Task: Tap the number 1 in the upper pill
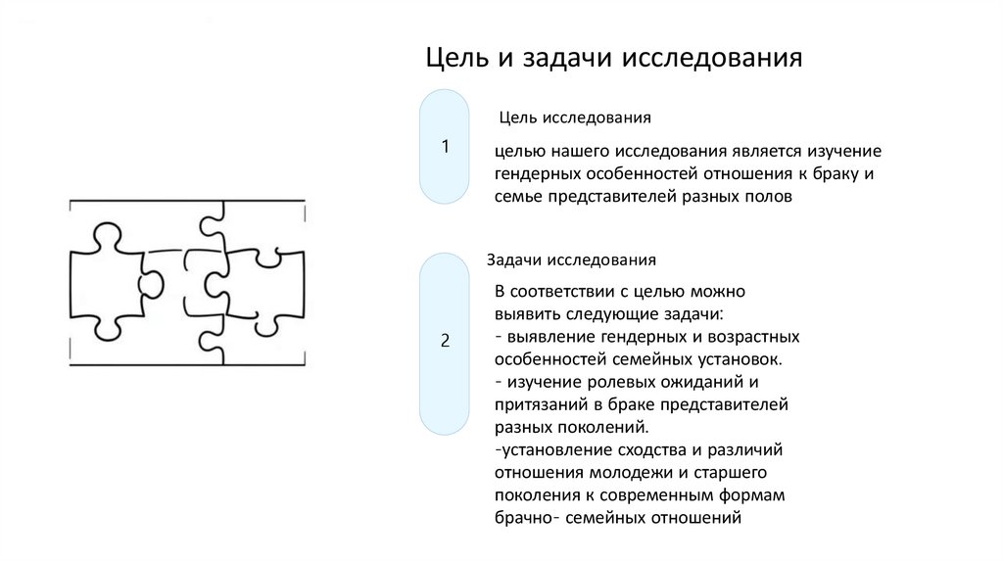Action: (446, 148)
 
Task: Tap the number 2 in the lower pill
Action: (446, 341)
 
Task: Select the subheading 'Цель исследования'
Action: (575, 117)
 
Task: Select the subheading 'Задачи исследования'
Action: (571, 260)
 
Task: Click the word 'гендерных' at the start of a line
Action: (537, 174)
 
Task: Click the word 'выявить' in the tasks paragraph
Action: (526, 314)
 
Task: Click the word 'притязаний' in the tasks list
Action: (538, 404)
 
